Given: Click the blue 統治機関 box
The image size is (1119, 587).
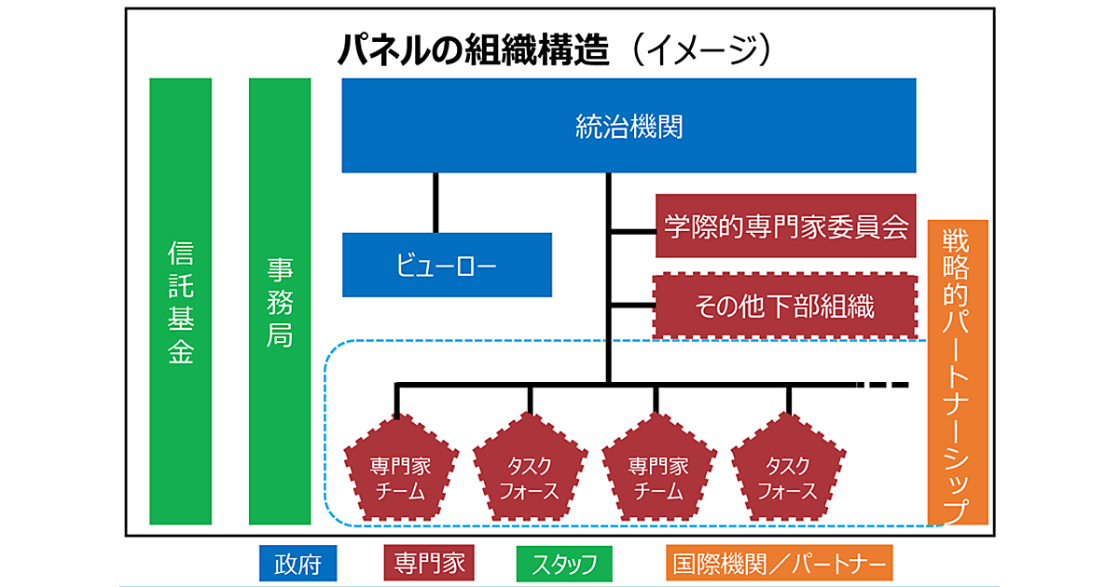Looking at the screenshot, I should [x=629, y=126].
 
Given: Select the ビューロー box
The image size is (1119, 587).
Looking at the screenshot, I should [x=447, y=266].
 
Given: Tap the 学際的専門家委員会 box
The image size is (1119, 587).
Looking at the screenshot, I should [x=785, y=226].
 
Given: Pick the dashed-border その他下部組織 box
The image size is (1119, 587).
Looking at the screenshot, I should [x=785, y=306].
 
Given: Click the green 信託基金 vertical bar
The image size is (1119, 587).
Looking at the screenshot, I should [x=181, y=301].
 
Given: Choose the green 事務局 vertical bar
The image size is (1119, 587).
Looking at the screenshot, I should [x=280, y=301].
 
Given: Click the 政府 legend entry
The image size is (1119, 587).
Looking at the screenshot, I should [x=297, y=564].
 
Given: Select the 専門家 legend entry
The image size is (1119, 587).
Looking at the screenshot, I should [x=429, y=564].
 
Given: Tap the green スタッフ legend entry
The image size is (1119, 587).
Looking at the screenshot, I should [x=564, y=564].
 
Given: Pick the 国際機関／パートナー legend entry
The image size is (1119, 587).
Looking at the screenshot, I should [x=780, y=564].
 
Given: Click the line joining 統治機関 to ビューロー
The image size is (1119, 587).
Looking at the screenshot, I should [x=435, y=202].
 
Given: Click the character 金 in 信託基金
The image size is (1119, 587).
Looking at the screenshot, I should [x=181, y=352].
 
